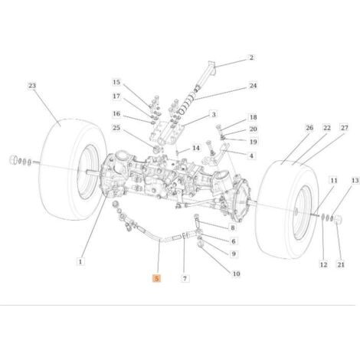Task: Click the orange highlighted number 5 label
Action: pyautogui.click(x=156, y=278)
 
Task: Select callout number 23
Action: pyautogui.click(x=32, y=86)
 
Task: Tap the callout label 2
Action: pyautogui.click(x=251, y=57)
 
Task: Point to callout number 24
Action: pyautogui.click(x=253, y=86)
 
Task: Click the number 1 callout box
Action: pyautogui.click(x=80, y=262)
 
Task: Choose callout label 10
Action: pyautogui.click(x=237, y=274)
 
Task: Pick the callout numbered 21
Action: pyautogui.click(x=341, y=264)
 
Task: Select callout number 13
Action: pyautogui.click(x=355, y=181)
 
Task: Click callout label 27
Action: pyautogui.click(x=345, y=127)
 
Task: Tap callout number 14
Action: pyautogui.click(x=196, y=148)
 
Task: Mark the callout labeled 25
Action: pyautogui.click(x=116, y=127)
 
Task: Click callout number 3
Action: pyautogui.click(x=214, y=114)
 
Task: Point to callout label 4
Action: pyautogui.click(x=251, y=155)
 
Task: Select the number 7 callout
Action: pyautogui.click(x=185, y=278)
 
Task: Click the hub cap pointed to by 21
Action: pyautogui.click(x=338, y=219)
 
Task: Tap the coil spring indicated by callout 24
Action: pyautogui.click(x=186, y=103)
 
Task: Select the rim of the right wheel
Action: pyautogui.click(x=303, y=213)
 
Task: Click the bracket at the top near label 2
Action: pyautogui.click(x=211, y=67)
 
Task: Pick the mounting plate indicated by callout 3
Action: pyautogui.click(x=167, y=133)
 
